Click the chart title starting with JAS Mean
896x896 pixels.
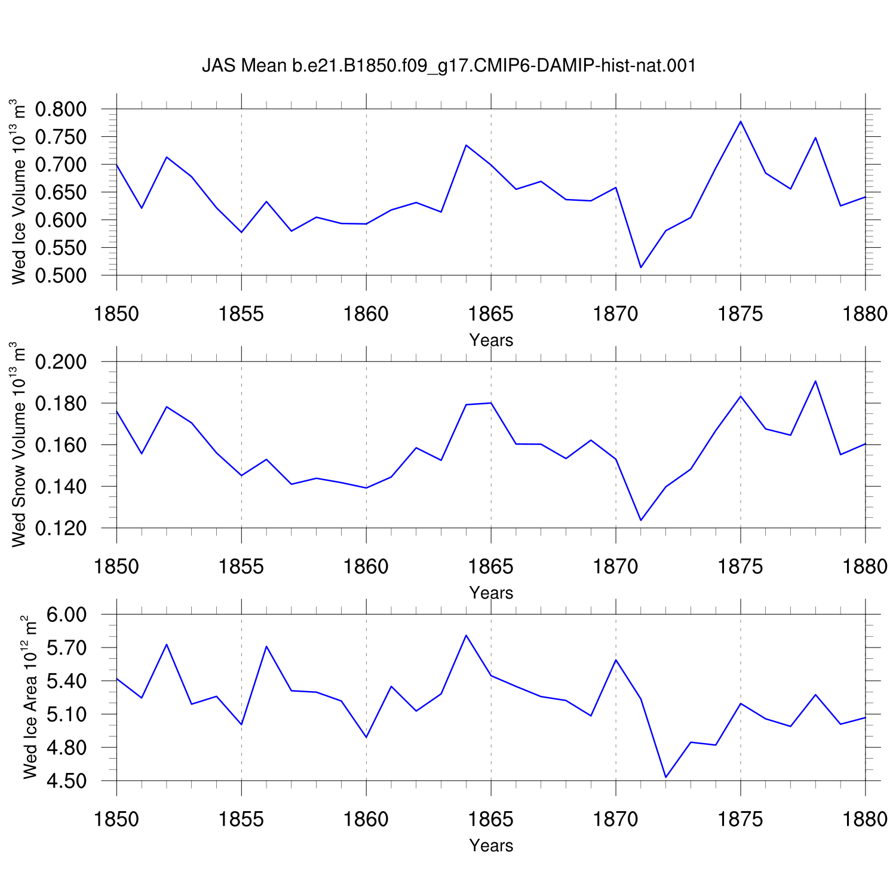(449, 65)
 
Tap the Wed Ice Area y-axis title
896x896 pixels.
(30, 697)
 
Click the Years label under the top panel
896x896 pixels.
(491, 340)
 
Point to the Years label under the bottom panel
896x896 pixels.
(491, 845)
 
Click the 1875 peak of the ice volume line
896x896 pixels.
(741, 121)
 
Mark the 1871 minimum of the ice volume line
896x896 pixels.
(641, 267)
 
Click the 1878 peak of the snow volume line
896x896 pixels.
(815, 381)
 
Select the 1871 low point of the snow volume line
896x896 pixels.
(641, 520)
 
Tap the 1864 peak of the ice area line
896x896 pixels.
(466, 635)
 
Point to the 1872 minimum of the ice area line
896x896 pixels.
(665, 777)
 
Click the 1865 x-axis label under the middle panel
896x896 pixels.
(491, 566)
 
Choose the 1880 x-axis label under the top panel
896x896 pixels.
(865, 314)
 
